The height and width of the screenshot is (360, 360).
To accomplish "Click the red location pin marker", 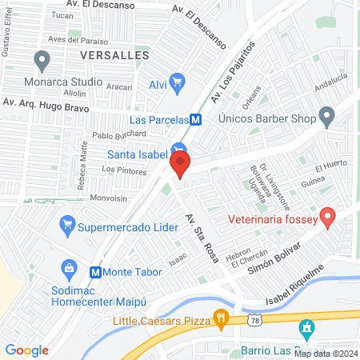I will coord(180,164).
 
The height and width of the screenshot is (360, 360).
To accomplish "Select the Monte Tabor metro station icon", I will coord(96,271).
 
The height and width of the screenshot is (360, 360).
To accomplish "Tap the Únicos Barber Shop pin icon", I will coord(326,118).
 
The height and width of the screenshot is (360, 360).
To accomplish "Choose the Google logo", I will coord(27,350).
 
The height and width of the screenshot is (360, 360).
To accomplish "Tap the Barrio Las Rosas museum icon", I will coord(306,328).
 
